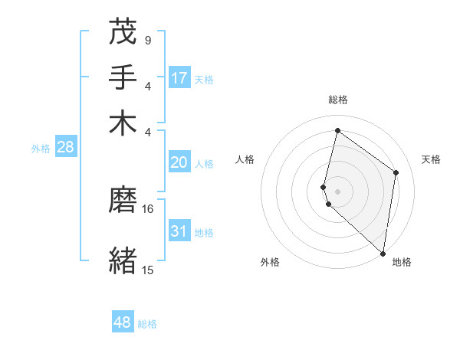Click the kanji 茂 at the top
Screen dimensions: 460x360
tap(123, 32)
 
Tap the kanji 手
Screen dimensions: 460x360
tap(123, 77)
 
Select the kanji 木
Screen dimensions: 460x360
tap(123, 123)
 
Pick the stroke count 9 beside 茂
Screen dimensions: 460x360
tap(147, 40)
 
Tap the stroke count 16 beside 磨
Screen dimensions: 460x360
tap(148, 208)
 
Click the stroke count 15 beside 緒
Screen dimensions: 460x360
tap(148, 270)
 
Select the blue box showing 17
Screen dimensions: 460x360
tap(179, 78)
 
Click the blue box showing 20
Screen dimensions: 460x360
tap(179, 162)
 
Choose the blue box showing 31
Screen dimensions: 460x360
tap(179, 231)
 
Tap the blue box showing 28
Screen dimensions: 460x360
tap(65, 148)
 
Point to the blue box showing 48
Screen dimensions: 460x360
tap(123, 322)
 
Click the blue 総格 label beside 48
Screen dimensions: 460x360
tap(148, 324)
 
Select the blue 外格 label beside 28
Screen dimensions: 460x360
tap(41, 149)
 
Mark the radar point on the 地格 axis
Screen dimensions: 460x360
tap(383, 254)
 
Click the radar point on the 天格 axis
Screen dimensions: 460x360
tap(396, 172)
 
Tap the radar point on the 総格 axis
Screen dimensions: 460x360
tap(337, 130)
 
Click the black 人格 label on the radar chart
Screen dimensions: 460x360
tap(245, 159)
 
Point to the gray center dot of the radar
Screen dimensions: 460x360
tap(337, 191)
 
